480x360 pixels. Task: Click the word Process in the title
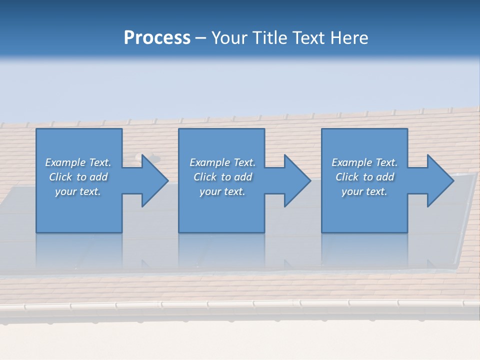pos(157,38)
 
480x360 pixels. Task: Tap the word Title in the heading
pos(271,38)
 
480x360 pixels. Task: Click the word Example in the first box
pos(65,162)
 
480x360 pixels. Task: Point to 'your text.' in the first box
pos(78,191)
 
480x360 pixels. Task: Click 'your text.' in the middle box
pos(222,191)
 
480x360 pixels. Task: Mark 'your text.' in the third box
pos(364,191)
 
